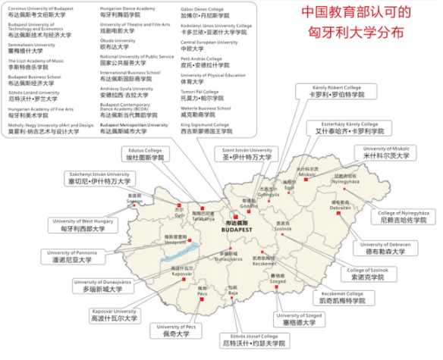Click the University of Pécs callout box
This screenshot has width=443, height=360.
(180, 330)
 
